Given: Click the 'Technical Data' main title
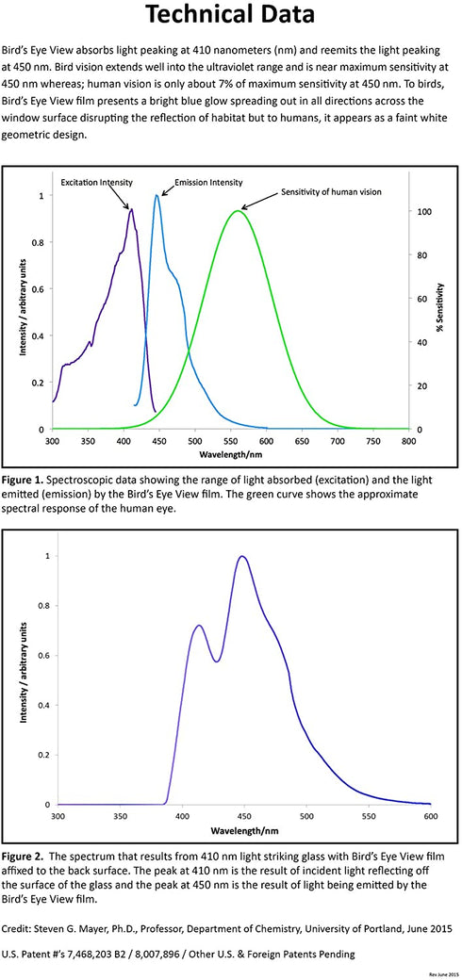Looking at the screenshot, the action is pos(230,15).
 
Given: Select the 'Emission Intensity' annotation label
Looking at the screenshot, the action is pos(208,183).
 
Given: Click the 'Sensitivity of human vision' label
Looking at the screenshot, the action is pos(331,192).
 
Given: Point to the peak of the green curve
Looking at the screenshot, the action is pos(237,211).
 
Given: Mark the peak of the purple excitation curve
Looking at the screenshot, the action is pos(131,209).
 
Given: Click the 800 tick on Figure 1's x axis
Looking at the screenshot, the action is pos(409,441).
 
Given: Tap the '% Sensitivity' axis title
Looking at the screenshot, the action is pos(440,307).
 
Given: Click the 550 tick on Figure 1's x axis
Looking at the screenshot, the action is pos(231,441).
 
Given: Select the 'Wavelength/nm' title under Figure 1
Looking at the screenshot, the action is pos(231,454).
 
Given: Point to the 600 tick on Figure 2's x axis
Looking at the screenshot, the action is pos(430,817).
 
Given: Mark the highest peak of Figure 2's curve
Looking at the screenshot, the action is pos(242,556).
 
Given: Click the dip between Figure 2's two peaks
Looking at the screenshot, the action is pos(216,661).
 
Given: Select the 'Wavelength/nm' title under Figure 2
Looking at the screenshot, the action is pos(244,832).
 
